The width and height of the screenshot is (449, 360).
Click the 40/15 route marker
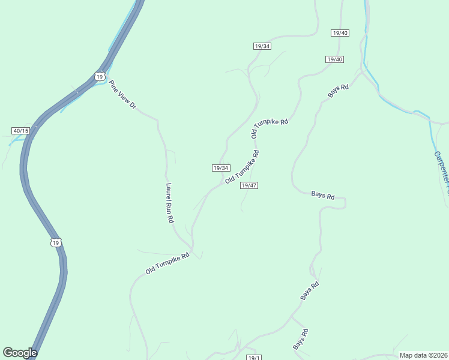[20, 131]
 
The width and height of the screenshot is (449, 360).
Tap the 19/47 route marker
[249, 185]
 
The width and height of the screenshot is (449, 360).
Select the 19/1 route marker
[254, 358]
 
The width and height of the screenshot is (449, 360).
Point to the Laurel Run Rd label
[170, 203]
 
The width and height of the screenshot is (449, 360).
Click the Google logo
[20, 353]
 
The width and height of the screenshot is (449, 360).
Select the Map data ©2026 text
[423, 355]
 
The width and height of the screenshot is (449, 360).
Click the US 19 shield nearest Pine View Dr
[100, 76]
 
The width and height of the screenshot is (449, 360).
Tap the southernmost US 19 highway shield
[56, 242]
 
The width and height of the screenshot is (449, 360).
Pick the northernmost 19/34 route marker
[262, 46]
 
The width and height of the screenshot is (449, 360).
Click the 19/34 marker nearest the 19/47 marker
[221, 168]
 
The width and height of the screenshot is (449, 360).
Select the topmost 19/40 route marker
[340, 33]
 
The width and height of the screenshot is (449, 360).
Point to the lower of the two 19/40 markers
[334, 59]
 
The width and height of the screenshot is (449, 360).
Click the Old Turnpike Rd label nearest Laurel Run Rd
[167, 263]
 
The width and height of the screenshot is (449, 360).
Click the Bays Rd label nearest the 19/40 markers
[338, 91]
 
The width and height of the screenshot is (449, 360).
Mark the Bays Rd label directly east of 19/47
[323, 195]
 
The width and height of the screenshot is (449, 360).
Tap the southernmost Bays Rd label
[300, 340]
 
